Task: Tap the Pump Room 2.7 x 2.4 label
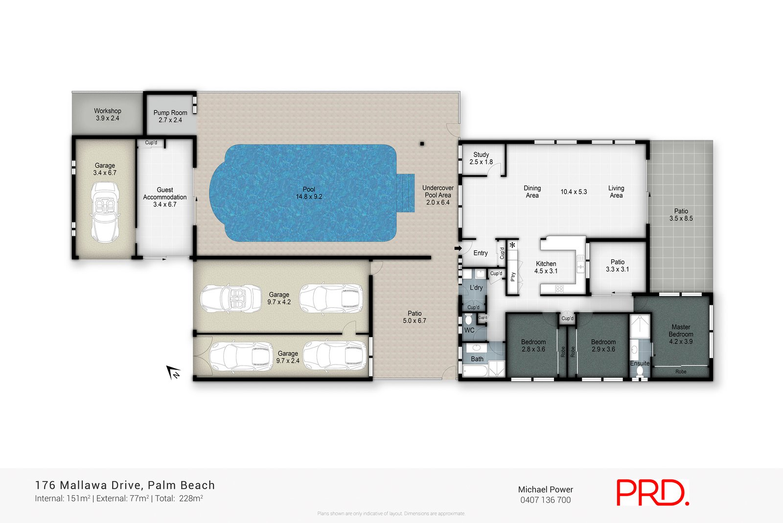170,116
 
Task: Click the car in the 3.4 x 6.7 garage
105,211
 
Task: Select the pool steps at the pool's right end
406,193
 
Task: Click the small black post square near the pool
422,144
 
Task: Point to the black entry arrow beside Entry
458,249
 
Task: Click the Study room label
481,158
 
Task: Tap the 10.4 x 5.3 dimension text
574,192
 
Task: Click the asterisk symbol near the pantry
512,245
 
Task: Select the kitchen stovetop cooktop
559,289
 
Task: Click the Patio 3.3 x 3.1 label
617,266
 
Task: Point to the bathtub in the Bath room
475,372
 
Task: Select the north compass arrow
173,373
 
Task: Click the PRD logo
652,492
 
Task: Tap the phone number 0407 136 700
545,500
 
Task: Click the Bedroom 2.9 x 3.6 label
603,345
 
